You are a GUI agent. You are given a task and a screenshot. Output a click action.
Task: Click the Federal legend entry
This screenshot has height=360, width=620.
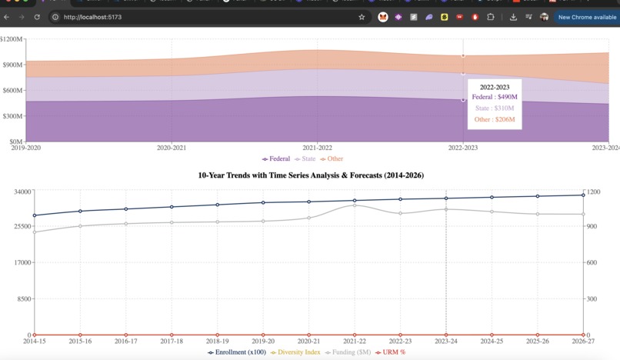point(276,159)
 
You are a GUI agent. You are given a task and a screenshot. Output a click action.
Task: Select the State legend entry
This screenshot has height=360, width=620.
point(305,159)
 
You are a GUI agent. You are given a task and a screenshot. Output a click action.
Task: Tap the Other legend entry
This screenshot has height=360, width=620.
point(332,159)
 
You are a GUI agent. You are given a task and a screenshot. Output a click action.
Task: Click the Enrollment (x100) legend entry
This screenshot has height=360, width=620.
point(237,352)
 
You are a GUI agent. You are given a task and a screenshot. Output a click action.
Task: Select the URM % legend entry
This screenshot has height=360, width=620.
point(391,352)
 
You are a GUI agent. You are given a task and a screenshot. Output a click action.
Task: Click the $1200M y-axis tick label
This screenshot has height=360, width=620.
point(12,39)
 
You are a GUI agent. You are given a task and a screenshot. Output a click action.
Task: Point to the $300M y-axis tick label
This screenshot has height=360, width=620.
point(13,116)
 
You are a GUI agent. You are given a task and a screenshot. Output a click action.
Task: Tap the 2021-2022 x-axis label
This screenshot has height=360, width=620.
point(318,148)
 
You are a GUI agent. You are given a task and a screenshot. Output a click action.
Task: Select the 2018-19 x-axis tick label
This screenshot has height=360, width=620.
point(218,341)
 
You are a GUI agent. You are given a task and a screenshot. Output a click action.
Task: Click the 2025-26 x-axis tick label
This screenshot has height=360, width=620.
point(538,341)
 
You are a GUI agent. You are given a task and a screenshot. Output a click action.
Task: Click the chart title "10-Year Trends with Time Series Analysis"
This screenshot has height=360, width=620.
point(311,175)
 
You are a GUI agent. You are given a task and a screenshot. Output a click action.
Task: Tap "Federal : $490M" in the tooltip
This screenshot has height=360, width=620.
point(495,98)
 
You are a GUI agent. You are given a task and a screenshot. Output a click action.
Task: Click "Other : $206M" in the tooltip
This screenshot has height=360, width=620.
point(495,120)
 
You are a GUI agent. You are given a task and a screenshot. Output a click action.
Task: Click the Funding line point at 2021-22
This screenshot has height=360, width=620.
point(355,205)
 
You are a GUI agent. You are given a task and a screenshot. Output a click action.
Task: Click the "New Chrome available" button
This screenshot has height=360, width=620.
point(587,17)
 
